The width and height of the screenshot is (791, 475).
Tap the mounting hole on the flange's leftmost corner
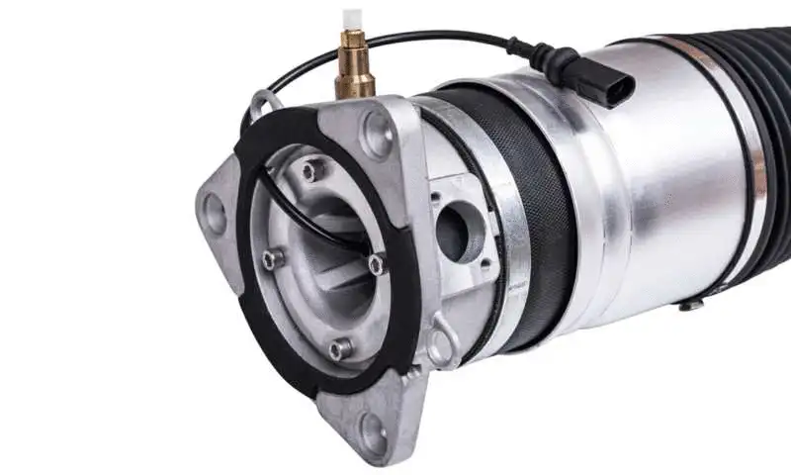[214, 210]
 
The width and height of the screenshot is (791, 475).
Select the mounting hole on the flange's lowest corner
[373, 431]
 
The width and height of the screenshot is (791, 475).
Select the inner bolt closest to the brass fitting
[312, 171]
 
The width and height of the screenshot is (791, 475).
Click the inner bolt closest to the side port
[377, 263]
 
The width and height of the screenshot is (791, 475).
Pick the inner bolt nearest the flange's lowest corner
[339, 348]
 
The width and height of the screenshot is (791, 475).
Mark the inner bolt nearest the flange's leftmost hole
[271, 259]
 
